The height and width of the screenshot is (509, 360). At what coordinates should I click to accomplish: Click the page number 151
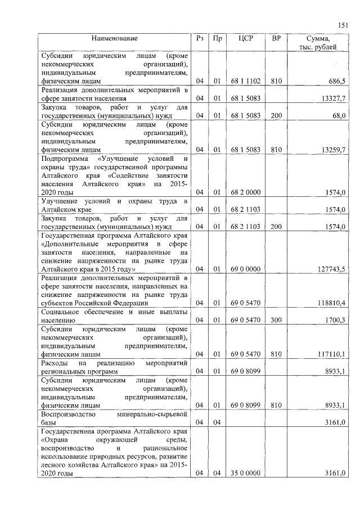343,25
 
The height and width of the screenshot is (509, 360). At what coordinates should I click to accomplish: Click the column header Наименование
115,38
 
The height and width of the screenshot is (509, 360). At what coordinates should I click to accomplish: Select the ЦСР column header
245,38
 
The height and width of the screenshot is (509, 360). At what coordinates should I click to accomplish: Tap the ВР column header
276,38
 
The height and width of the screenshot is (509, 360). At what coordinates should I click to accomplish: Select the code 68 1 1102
245,82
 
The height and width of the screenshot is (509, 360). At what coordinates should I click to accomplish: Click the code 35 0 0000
245,474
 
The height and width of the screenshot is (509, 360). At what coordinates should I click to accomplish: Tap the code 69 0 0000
245,269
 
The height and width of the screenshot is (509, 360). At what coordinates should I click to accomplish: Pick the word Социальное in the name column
60,312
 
